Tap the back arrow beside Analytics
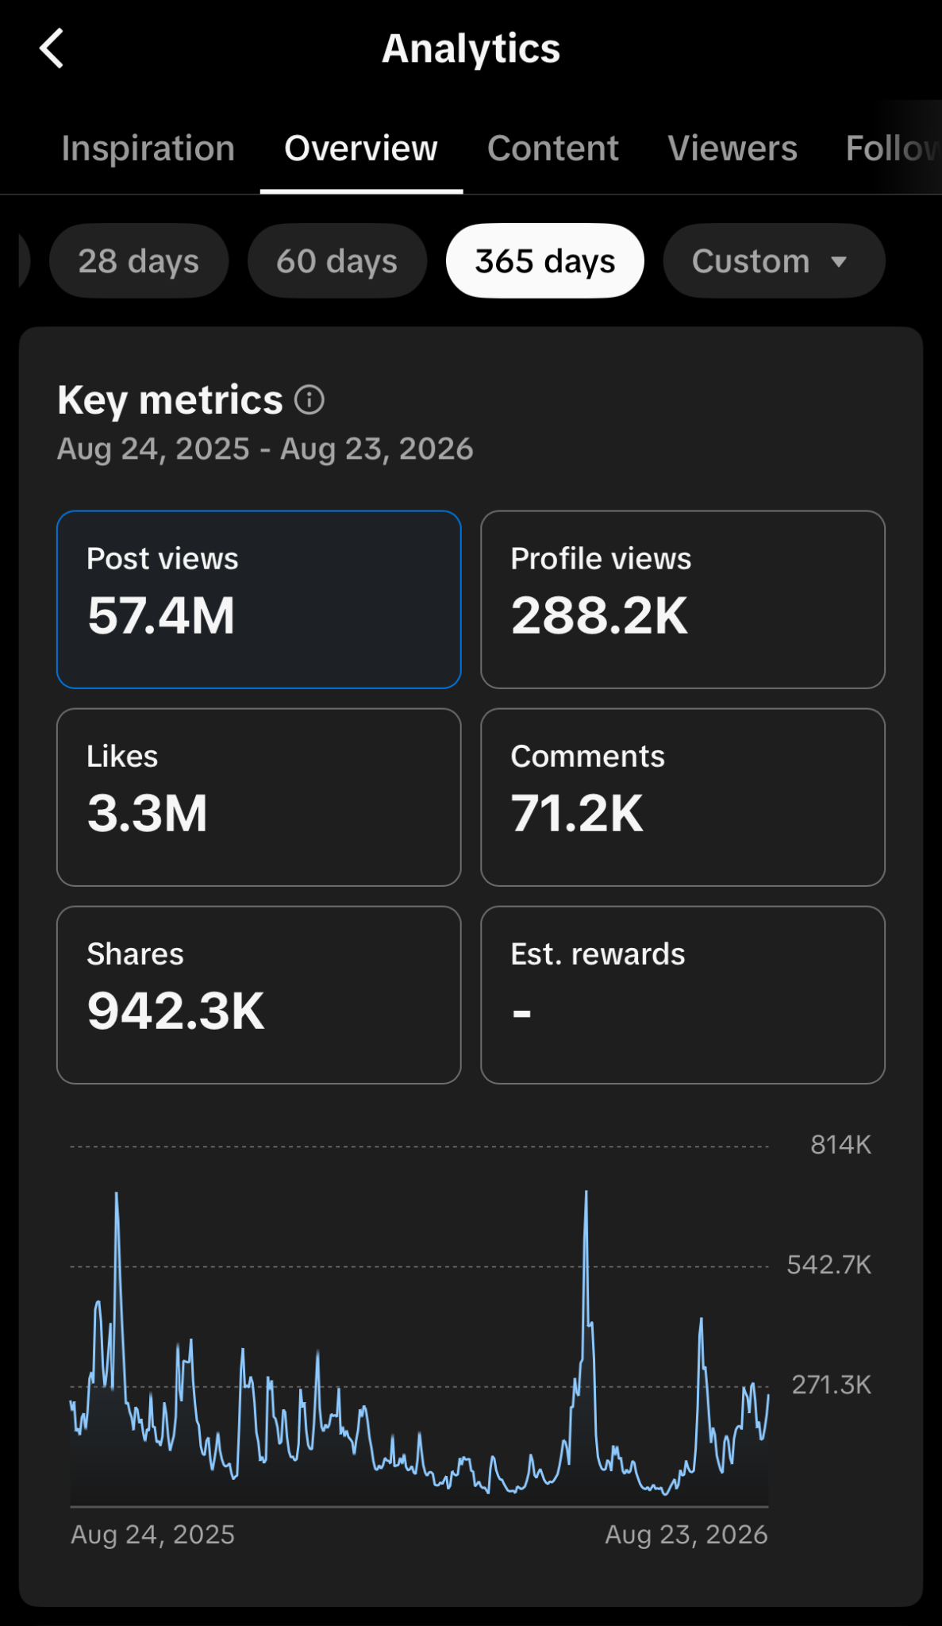click(x=52, y=48)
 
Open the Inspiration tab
click(x=148, y=148)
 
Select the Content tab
click(x=553, y=148)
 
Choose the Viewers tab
click(x=732, y=148)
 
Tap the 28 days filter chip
click(x=139, y=261)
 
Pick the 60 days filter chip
click(x=337, y=261)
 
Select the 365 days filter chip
click(x=545, y=261)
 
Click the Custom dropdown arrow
click(x=839, y=262)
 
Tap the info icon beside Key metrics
click(x=310, y=399)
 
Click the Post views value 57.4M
click(x=161, y=616)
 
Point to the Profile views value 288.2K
click(x=599, y=616)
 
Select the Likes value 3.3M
click(x=148, y=814)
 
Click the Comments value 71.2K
click(x=577, y=814)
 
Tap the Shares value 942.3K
click(x=175, y=1011)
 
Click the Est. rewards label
click(x=598, y=954)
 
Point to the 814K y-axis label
click(x=841, y=1145)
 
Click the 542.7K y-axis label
click(x=829, y=1265)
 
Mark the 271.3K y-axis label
click(x=832, y=1385)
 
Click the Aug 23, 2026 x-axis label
click(x=686, y=1535)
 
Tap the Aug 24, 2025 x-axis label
click(x=153, y=1535)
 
